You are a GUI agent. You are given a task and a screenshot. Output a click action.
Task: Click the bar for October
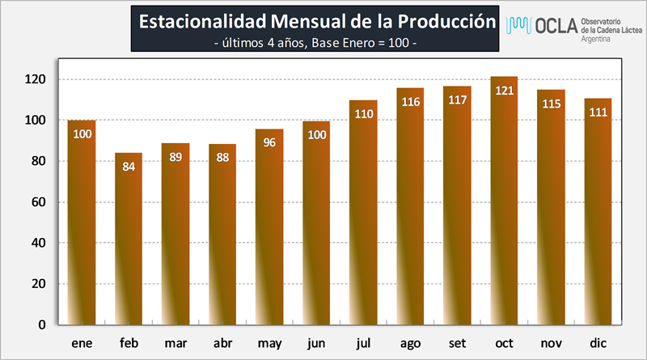coord(504,201)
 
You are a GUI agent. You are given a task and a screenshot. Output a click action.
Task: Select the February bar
coord(129,239)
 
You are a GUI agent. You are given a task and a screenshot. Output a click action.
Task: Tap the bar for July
coord(363,212)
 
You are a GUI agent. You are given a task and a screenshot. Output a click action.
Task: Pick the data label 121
coord(504,91)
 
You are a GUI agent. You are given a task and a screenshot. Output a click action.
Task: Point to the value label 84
coord(129,167)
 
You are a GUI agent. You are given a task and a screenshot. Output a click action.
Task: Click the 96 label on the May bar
coord(269,142)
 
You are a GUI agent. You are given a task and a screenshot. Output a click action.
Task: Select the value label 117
coord(458,100)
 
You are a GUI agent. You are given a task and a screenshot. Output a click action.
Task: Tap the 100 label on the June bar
coord(317,134)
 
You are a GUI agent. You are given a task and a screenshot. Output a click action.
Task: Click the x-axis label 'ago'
coord(410,344)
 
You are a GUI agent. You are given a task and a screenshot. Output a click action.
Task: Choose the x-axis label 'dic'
coord(598,343)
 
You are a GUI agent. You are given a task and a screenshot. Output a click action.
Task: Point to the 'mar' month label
coord(175,343)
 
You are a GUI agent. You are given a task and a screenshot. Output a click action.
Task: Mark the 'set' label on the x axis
coord(457,343)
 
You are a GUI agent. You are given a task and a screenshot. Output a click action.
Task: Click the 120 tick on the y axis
coord(35,79)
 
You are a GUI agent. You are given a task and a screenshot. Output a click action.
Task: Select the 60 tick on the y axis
coord(38,202)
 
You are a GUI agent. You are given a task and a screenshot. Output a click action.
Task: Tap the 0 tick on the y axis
coord(42,325)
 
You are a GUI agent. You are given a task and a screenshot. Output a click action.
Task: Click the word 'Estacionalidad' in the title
coord(203,22)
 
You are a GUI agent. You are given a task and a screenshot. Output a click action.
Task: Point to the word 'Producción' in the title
coord(446,22)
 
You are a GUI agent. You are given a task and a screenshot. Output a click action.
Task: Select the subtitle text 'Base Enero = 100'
coord(360,43)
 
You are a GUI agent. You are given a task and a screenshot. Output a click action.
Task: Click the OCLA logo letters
coord(556,26)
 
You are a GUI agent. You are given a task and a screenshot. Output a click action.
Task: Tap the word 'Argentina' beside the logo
coord(595,39)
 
